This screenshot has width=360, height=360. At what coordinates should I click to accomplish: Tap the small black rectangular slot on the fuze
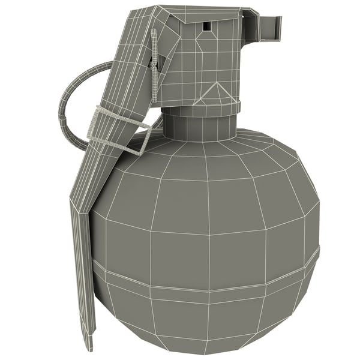pyautogui.click(x=206, y=26)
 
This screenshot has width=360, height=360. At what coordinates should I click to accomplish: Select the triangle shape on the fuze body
pyautogui.click(x=216, y=94)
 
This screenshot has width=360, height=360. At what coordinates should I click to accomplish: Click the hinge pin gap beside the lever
pyautogui.click(x=154, y=60)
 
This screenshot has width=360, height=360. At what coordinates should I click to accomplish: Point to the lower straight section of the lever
pyautogui.click(x=82, y=270)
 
